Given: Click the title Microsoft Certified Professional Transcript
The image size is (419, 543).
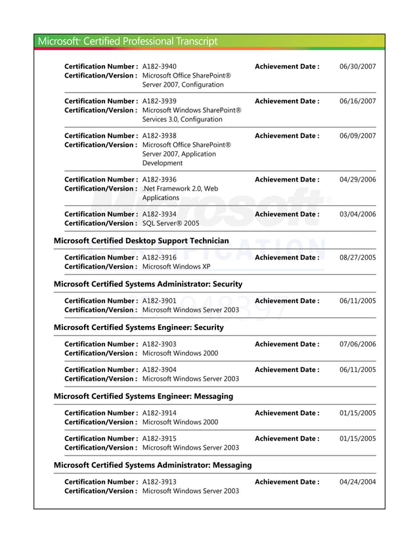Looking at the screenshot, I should [127, 41].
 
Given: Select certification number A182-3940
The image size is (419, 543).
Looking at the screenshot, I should [159, 66].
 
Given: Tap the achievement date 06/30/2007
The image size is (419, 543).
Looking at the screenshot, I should [357, 66].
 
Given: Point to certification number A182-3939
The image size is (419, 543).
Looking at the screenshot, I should [159, 101].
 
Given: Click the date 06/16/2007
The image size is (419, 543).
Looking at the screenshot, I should [357, 101].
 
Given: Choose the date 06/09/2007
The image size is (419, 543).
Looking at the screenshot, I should [357, 136].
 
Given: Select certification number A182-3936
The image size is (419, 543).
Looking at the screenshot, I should [159, 179].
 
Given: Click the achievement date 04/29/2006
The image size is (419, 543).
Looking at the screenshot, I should [357, 179].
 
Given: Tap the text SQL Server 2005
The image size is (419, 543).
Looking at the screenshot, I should [170, 223].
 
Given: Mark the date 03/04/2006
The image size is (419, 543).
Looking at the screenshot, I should [357, 214].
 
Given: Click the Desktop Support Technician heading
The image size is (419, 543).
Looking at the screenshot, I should [141, 241].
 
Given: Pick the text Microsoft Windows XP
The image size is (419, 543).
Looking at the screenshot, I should [176, 266].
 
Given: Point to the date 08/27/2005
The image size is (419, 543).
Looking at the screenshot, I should [357, 258].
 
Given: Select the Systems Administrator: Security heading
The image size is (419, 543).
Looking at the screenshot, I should [147, 284].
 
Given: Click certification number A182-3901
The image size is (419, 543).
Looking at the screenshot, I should [159, 300].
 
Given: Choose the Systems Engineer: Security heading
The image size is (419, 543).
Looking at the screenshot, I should [138, 327].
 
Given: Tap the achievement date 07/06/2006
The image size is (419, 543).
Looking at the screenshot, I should [357, 344].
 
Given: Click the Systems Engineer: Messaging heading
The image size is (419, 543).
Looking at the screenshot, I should [143, 396].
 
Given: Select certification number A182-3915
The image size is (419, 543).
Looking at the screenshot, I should [159, 438].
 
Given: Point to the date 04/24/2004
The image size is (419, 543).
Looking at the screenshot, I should [357, 482].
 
